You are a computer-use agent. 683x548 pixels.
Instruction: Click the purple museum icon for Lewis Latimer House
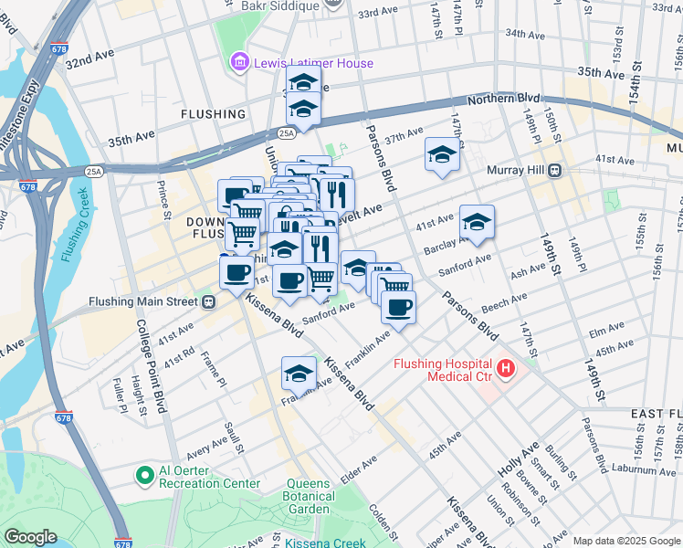tap(238, 63)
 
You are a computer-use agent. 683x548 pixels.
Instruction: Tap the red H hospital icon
tap(506, 370)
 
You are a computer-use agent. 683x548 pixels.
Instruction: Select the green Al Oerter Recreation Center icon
tap(143, 475)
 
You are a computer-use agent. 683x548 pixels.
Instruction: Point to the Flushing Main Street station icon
tap(209, 302)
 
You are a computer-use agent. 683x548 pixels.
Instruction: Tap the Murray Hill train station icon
tap(553, 171)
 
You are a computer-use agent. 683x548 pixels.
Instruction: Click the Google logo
tap(30, 537)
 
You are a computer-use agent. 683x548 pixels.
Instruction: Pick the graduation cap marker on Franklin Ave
tap(299, 374)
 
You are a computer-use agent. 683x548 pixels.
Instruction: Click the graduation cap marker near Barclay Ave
tap(476, 222)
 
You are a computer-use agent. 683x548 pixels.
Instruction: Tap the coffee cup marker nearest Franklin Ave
tap(398, 308)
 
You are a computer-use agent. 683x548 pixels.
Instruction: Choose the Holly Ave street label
tap(520, 461)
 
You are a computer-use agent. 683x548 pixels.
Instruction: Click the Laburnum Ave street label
tap(645, 469)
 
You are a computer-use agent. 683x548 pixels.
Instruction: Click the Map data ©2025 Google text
tap(625, 541)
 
